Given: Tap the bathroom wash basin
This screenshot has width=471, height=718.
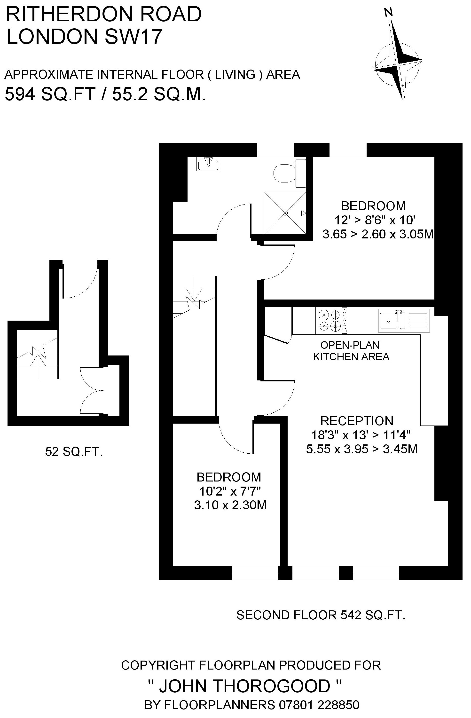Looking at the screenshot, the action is [x=208, y=164].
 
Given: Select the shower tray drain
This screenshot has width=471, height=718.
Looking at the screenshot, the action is [x=285, y=213].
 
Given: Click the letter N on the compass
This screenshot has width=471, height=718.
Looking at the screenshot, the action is [x=388, y=12].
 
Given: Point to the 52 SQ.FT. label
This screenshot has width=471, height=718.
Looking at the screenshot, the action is [x=74, y=452].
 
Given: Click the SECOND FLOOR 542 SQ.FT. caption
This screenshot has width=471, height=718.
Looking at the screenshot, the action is [x=321, y=615].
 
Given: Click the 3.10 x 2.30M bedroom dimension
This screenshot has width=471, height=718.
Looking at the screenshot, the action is [x=230, y=505].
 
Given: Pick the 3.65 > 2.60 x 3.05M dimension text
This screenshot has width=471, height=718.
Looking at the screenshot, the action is [x=378, y=234].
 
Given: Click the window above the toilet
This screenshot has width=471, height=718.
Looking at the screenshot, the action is [x=275, y=150].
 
